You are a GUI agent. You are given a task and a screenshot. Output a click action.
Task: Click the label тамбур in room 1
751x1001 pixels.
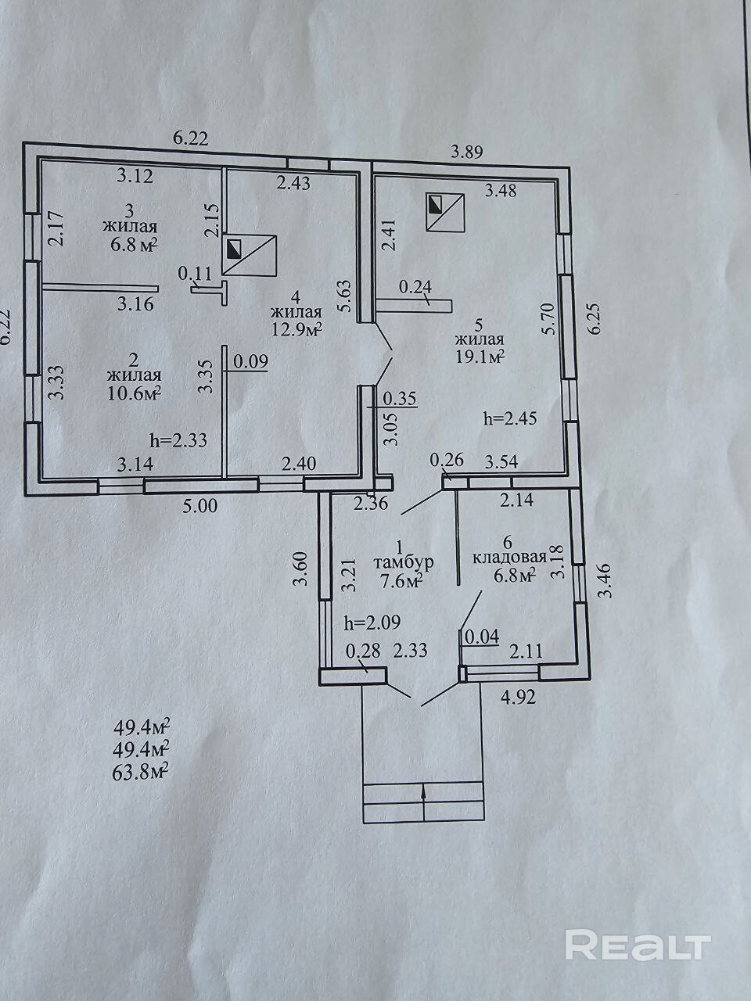pos(403,562)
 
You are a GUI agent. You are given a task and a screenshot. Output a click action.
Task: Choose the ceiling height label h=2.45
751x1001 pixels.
pos(511,418)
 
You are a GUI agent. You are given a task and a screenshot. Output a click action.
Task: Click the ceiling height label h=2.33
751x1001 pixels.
pos(178,440)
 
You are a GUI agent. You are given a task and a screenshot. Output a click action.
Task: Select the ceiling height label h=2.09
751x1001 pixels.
pos(372,622)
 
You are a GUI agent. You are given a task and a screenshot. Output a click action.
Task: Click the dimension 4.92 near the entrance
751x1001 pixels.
pos(517,698)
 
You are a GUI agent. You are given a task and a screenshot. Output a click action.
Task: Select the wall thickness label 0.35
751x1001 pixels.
pos(400,399)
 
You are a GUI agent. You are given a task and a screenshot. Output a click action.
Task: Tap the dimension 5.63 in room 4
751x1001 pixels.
pos(345,298)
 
